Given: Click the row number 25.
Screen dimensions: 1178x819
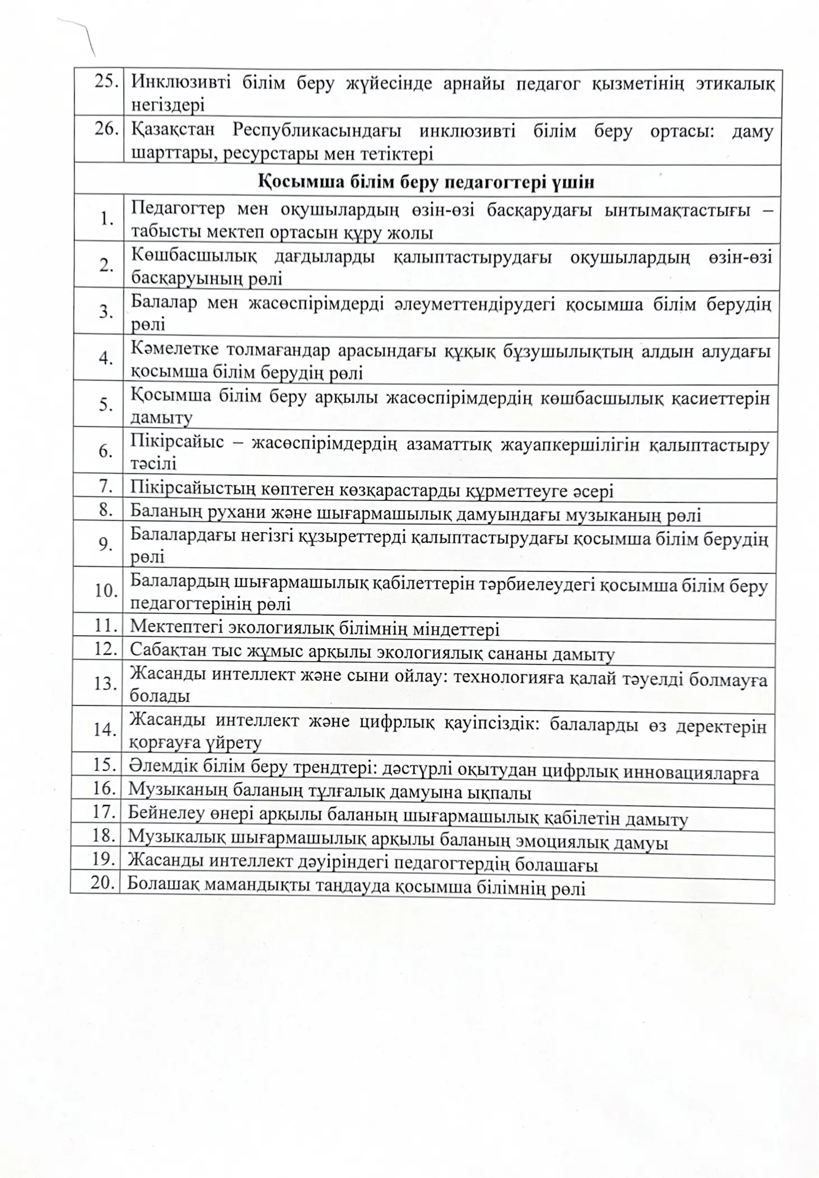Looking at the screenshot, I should click(106, 82).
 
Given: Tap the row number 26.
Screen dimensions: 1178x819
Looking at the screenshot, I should click(106, 129).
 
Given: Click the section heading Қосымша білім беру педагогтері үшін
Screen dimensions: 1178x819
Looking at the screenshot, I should click(426, 181).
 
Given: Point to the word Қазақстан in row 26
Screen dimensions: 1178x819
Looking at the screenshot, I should click(173, 130).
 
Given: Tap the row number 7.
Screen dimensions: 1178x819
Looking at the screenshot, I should click(106, 486).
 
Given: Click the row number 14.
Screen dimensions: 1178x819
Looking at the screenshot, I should click(104, 729).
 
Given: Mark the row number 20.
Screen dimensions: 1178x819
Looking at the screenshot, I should click(103, 882).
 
